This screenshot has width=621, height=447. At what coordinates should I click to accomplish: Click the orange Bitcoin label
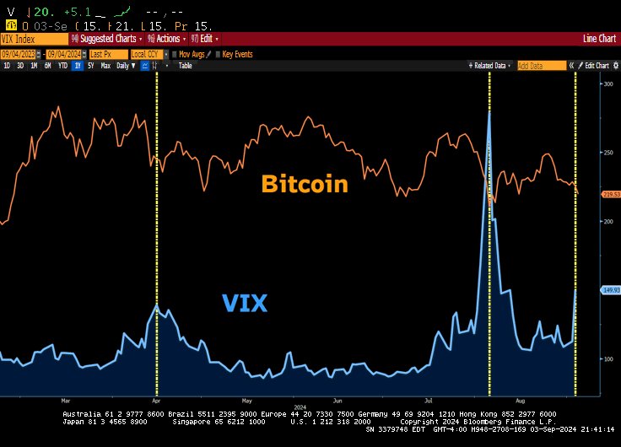coord(304,184)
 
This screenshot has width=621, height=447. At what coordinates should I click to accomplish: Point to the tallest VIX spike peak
coord(489,112)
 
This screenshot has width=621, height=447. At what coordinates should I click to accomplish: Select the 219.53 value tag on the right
coord(611,194)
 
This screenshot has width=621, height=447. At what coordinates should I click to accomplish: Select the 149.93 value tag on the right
coord(611,290)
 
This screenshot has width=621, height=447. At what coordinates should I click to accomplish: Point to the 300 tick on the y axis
coord(607,83)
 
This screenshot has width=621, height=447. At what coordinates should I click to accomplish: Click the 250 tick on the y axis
coord(607,153)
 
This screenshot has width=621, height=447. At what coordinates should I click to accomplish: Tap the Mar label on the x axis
coord(67,401)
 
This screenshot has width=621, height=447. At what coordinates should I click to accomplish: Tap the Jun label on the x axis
coord(337,401)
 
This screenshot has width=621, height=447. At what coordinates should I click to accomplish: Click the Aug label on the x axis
coord(519,401)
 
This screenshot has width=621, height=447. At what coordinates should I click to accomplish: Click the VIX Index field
coord(34,39)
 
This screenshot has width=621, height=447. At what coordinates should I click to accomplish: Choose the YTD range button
coord(62,65)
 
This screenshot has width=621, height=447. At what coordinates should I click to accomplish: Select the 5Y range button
coord(90,65)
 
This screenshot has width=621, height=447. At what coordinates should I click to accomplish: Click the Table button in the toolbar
coord(185,65)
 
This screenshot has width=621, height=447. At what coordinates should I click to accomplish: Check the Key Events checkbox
coord(219,53)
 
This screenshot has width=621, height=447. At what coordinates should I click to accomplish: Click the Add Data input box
coord(540,65)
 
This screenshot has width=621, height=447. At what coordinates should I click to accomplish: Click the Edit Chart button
coord(596,65)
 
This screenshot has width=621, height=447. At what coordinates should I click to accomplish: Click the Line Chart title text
coord(599,39)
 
